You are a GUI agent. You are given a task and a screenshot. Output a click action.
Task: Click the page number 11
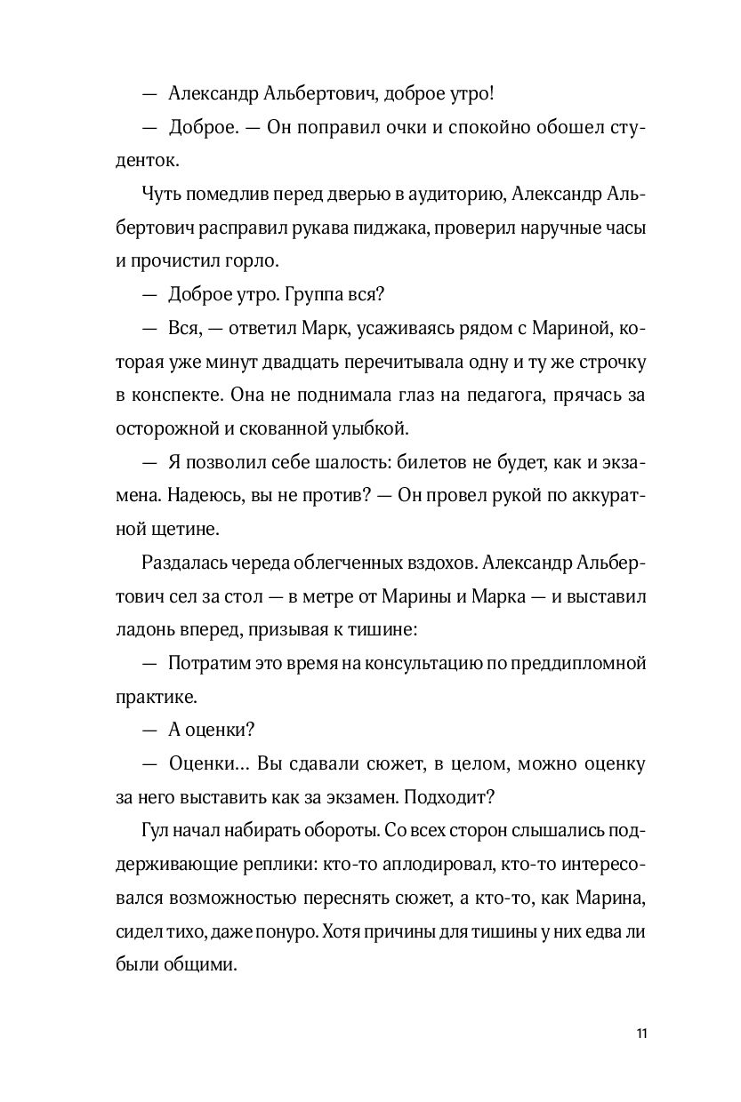coord(642,1034)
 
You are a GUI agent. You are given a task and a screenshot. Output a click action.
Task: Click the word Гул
coord(154,829)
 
